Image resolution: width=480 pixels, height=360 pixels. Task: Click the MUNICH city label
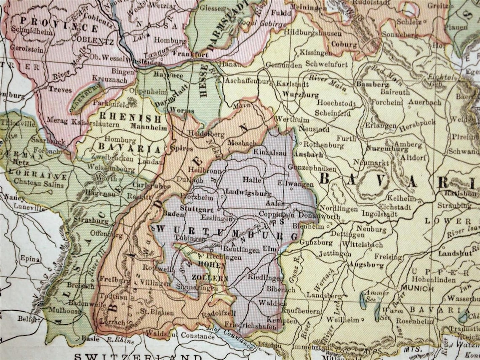coord(417,288)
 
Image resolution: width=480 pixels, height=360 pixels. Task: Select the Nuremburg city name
coord(381,149)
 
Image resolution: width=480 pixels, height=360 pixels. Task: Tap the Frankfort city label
coord(184,55)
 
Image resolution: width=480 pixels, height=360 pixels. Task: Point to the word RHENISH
coord(130,118)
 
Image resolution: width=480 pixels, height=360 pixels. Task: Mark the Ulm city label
coord(269,249)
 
